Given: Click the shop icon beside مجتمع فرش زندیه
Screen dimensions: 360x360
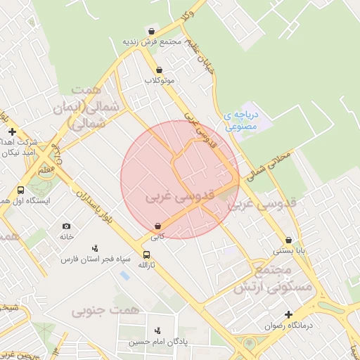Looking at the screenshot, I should (153, 30).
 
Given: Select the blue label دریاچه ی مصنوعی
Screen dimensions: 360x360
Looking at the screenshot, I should (242, 120).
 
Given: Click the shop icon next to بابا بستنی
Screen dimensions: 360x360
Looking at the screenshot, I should (289, 240).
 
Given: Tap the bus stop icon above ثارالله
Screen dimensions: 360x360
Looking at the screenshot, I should (146, 255).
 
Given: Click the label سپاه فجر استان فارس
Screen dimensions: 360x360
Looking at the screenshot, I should (96, 259).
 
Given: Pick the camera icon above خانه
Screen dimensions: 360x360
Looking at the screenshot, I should (66, 226).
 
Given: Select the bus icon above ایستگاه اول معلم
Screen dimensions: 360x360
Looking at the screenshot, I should (20, 190).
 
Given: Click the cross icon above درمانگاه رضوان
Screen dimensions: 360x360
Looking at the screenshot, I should (288, 314).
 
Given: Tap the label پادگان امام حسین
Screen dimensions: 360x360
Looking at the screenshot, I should (156, 342).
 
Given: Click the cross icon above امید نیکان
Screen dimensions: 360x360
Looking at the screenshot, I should (12, 131).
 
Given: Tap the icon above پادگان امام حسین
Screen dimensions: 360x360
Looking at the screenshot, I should (157, 330).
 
